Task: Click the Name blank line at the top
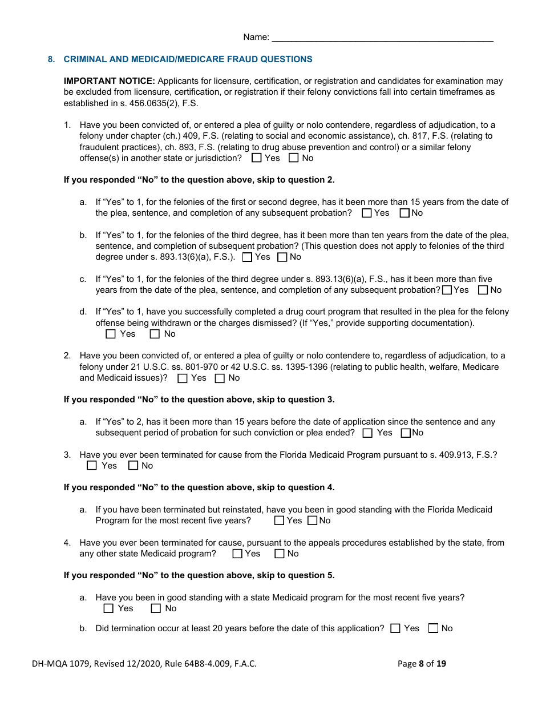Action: [x=382, y=38]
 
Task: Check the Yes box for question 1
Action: [x=257, y=158]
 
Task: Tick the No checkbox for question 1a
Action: [x=405, y=213]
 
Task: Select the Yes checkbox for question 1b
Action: [x=247, y=257]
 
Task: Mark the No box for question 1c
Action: [x=483, y=290]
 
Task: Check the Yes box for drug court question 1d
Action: [x=111, y=334]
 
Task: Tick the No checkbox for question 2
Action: [x=220, y=378]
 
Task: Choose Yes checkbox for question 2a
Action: [x=368, y=433]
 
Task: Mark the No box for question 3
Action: [x=133, y=466]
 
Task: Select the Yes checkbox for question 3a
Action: [x=279, y=521]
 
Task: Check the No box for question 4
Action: [x=279, y=554]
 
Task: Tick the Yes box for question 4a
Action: [x=108, y=608]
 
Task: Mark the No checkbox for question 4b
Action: [x=433, y=628]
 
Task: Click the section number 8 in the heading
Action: [x=51, y=59]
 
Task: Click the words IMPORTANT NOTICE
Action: [x=109, y=81]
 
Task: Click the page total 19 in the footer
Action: [x=440, y=664]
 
